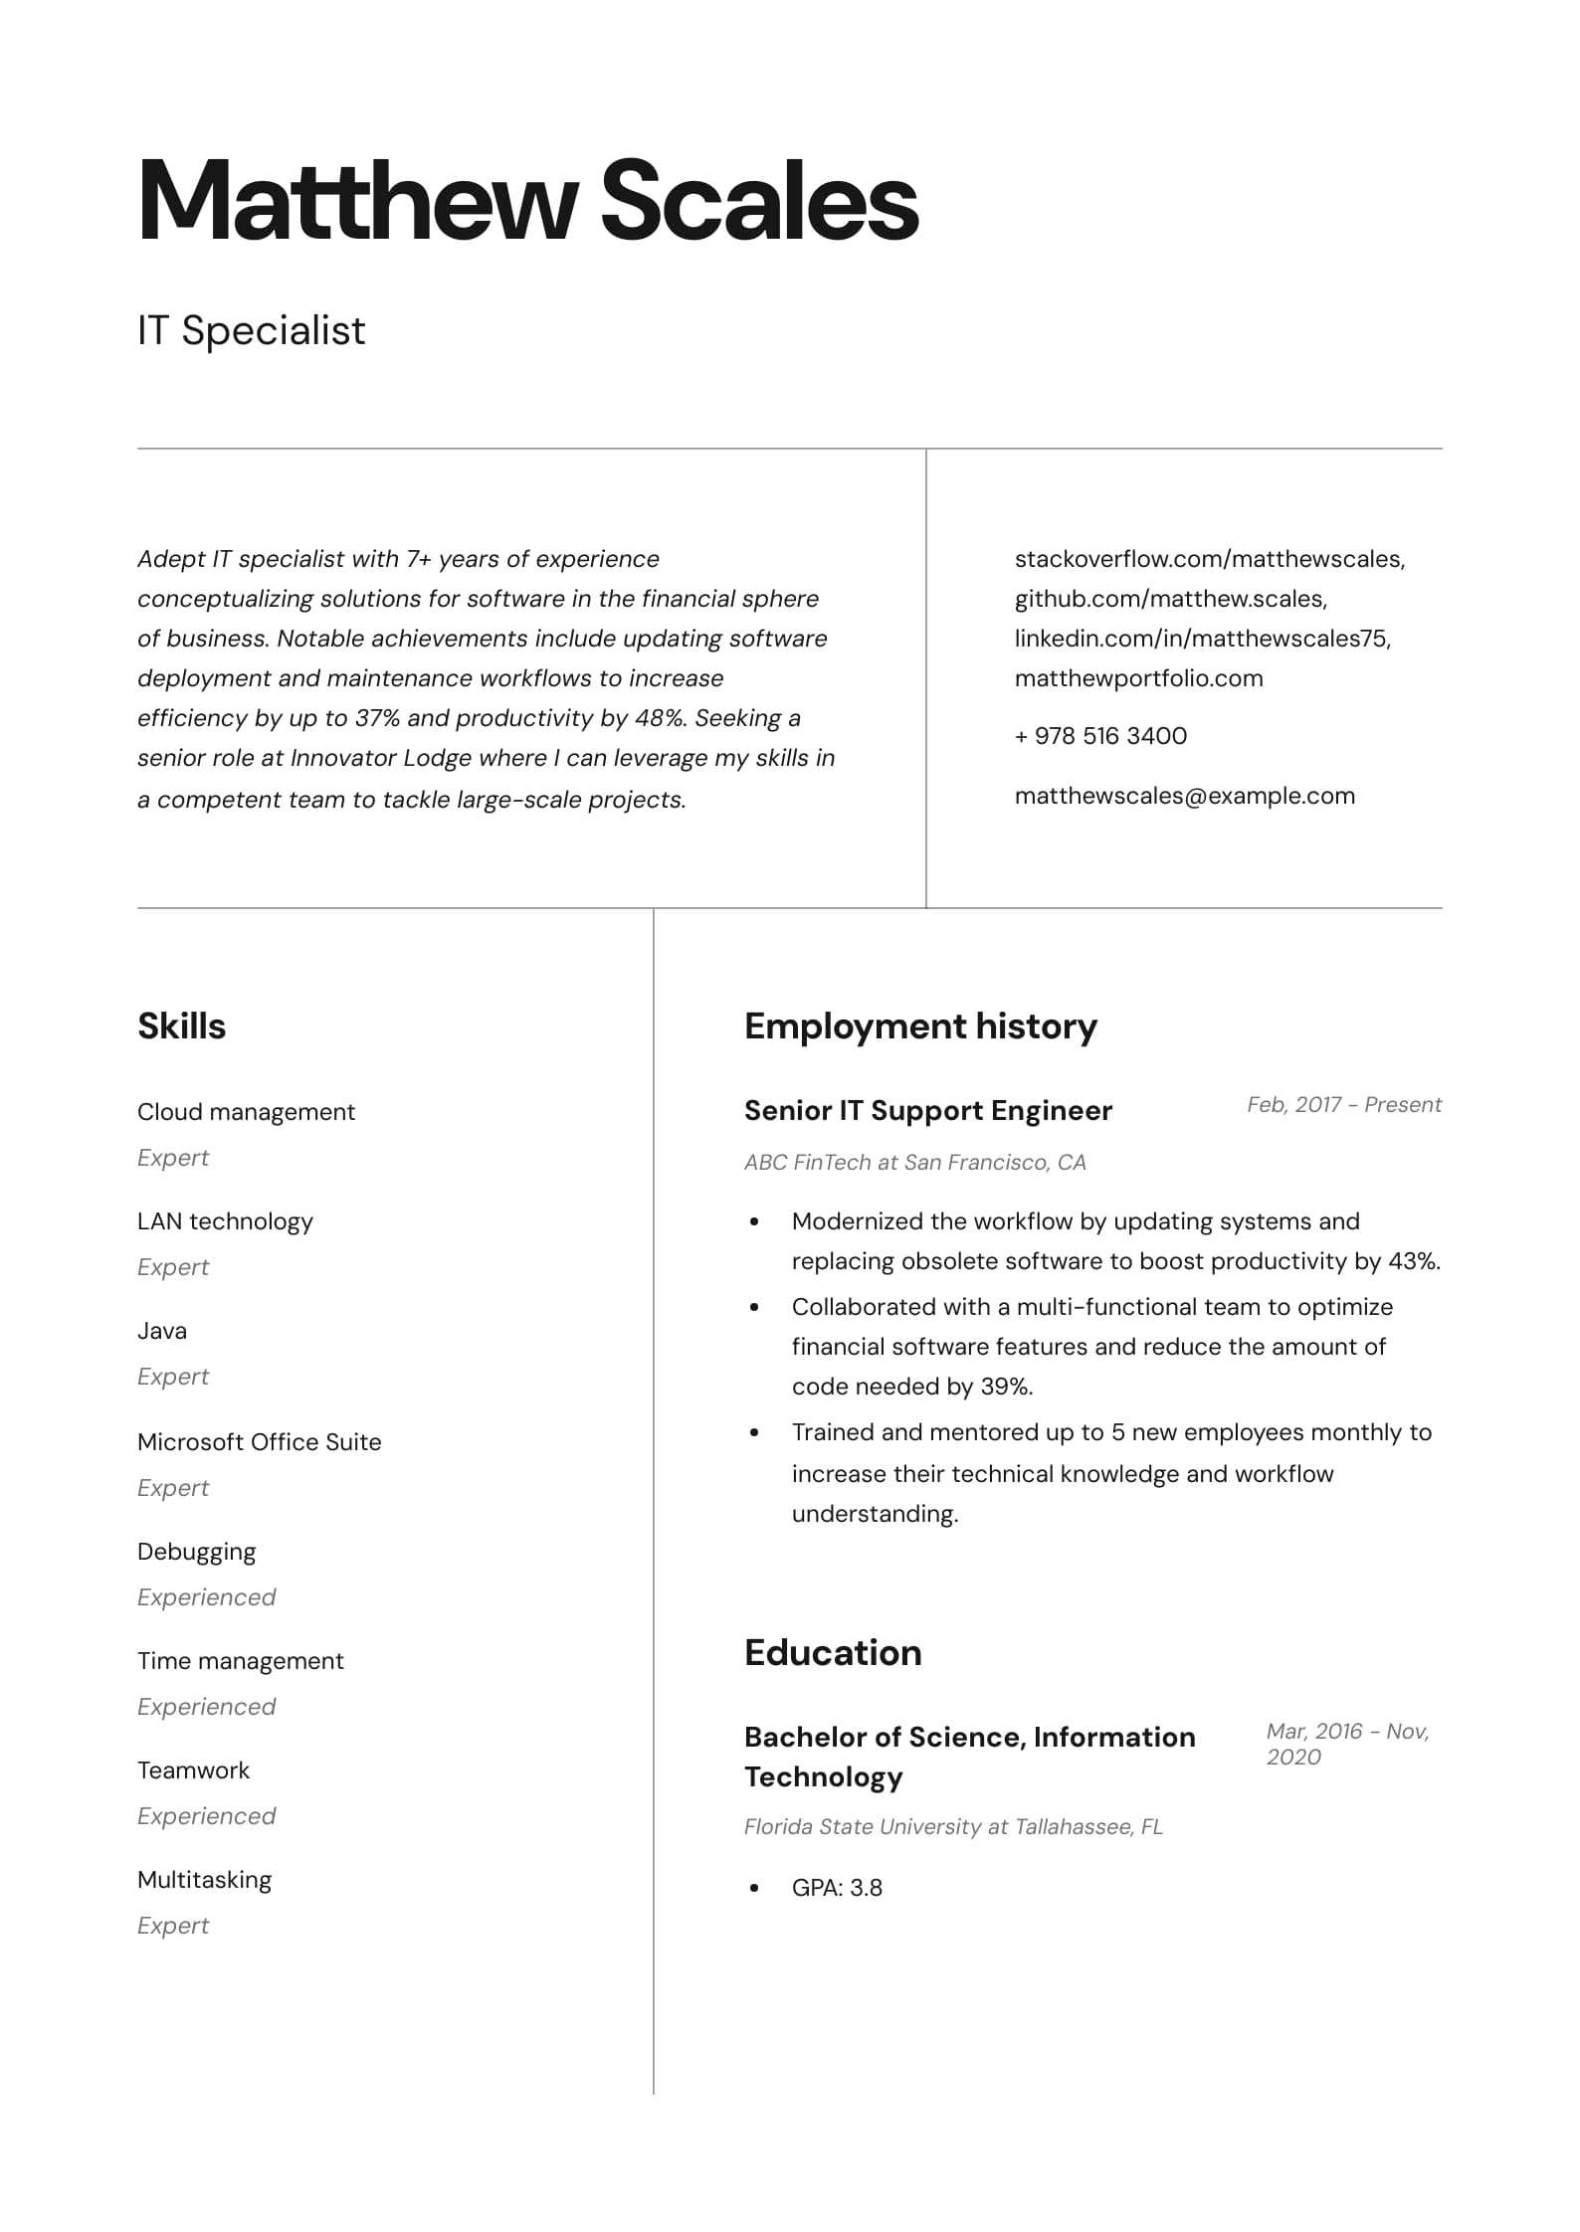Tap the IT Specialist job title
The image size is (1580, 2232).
click(252, 330)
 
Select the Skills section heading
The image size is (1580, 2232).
click(182, 1025)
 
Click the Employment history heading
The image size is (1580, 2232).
click(920, 1025)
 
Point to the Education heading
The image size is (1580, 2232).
click(833, 1652)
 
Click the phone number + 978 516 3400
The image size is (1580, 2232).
click(1100, 736)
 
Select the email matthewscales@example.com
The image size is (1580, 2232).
click(1184, 796)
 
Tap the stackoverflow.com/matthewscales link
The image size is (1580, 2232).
click(1209, 559)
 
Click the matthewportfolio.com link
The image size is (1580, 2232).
click(1138, 678)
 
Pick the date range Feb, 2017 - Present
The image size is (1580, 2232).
click(1343, 1104)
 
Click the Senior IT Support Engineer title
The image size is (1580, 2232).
click(927, 1110)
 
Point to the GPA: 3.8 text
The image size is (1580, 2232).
click(837, 1887)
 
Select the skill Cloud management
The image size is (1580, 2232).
click(246, 1111)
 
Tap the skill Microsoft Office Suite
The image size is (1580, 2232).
click(259, 1441)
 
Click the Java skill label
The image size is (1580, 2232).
click(162, 1330)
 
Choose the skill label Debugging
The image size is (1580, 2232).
click(196, 1552)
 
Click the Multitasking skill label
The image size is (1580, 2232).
click(204, 1879)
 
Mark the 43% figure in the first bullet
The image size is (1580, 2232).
click(1413, 1261)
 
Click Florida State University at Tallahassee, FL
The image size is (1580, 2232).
click(953, 1826)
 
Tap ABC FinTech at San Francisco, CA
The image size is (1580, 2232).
click(914, 1162)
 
